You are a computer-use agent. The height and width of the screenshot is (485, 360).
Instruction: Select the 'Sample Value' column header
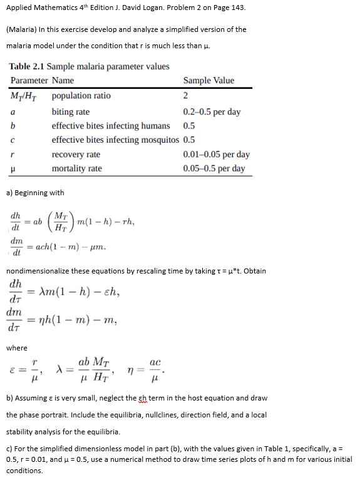(x=208, y=80)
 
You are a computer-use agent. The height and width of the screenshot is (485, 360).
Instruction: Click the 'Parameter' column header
(x=29, y=80)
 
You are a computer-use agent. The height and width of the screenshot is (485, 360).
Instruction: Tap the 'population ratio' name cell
(x=81, y=96)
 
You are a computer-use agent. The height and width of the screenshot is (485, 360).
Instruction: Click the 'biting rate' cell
(x=70, y=112)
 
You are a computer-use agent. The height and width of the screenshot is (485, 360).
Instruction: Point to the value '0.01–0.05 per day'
(x=216, y=154)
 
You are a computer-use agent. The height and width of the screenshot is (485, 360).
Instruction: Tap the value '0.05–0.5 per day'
(x=213, y=168)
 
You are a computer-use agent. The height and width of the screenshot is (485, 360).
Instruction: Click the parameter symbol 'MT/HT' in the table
(x=26, y=96)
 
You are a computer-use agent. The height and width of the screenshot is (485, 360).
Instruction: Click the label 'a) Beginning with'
(x=34, y=192)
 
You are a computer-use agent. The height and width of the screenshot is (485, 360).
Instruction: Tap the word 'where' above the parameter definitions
(x=17, y=347)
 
